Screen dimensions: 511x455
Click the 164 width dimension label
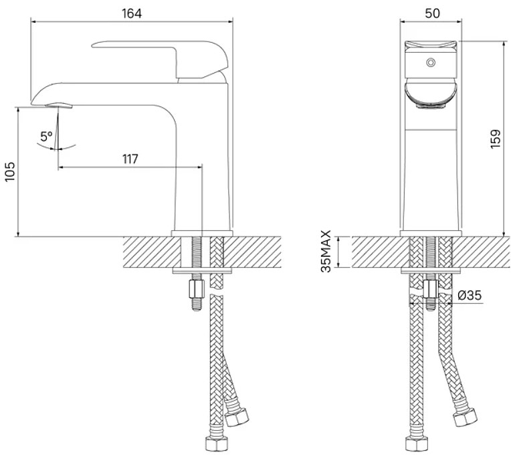coord(132,13)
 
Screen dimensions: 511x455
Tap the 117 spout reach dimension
coord(130,159)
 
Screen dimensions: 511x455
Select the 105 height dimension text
coord(10,171)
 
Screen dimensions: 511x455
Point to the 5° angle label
coord(46,136)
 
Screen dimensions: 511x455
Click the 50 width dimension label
coord(432,13)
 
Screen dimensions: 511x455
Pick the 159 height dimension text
coord(496,139)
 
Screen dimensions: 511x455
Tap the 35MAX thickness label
coord(326,251)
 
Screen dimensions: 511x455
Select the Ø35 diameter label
coord(470,295)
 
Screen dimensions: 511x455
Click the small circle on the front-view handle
coord(431,62)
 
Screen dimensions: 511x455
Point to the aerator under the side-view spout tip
coord(59,105)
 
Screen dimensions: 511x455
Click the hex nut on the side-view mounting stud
coord(197,288)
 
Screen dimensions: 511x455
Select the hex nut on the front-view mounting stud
coord(431,289)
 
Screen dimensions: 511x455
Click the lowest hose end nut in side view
coord(217,444)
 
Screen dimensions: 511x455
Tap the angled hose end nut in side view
coord(237,417)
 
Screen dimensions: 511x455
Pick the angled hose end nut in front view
coord(466,417)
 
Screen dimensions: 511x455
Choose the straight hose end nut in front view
coord(416,444)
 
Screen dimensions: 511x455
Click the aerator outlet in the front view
coord(431,106)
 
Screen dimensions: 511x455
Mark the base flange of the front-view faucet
coord(431,234)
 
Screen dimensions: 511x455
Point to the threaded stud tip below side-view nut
coord(197,304)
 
